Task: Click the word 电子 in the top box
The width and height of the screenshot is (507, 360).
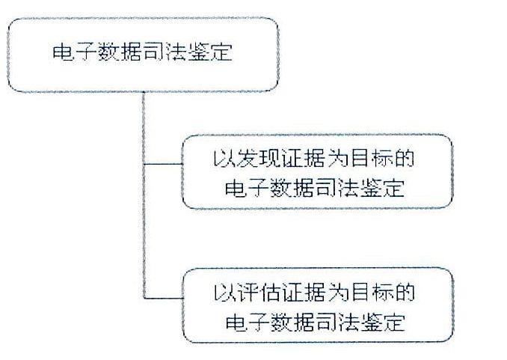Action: pyautogui.click(x=75, y=52)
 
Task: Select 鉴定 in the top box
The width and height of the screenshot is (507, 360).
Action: pyautogui.click(x=210, y=52)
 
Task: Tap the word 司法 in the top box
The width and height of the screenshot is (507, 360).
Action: pyautogui.click(x=165, y=52)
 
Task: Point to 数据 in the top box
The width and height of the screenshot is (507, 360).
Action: pyautogui.click(x=120, y=52)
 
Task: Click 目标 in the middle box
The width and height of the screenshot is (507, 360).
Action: pyautogui.click(x=371, y=159)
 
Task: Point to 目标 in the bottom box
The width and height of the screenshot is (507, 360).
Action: pyautogui.click(x=371, y=293)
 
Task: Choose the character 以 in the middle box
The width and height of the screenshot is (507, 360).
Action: pyautogui.click(x=224, y=159)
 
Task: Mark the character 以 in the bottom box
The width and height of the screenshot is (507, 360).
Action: pyautogui.click(x=224, y=293)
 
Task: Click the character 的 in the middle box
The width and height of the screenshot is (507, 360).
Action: pyautogui.click(x=404, y=159)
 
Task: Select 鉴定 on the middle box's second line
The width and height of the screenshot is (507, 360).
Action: pyautogui.click(x=382, y=188)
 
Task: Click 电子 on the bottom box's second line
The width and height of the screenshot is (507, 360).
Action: pyautogui.click(x=248, y=322)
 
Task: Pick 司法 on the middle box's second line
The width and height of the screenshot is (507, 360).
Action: pyautogui.click(x=337, y=188)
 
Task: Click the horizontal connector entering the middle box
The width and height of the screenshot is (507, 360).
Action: pyautogui.click(x=163, y=164)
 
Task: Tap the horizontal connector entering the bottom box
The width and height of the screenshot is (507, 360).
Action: pyautogui.click(x=163, y=298)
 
